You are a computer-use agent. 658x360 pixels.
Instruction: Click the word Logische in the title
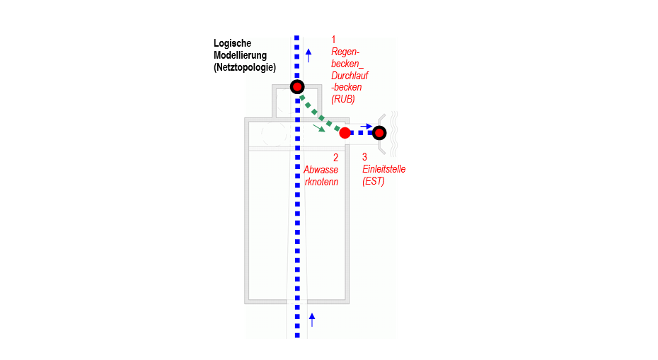233,43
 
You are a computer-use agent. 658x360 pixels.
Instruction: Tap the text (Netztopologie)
244,67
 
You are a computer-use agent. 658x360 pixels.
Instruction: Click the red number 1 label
334,40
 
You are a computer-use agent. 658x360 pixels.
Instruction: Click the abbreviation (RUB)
343,100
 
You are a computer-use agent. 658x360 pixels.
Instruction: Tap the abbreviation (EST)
373,181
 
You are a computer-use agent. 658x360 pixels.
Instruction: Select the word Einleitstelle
384,169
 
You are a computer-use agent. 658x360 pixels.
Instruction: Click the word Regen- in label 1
346,52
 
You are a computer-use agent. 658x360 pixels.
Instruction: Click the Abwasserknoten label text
321,175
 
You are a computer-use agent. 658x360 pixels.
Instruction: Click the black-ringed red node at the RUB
297,87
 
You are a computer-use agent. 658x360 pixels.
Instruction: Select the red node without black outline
345,132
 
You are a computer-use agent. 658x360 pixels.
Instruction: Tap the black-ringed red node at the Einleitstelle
379,132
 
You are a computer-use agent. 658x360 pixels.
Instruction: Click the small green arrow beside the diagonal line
320,128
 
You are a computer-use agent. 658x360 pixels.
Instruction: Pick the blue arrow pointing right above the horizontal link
365,125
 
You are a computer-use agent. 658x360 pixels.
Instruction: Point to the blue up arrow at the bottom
311,319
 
